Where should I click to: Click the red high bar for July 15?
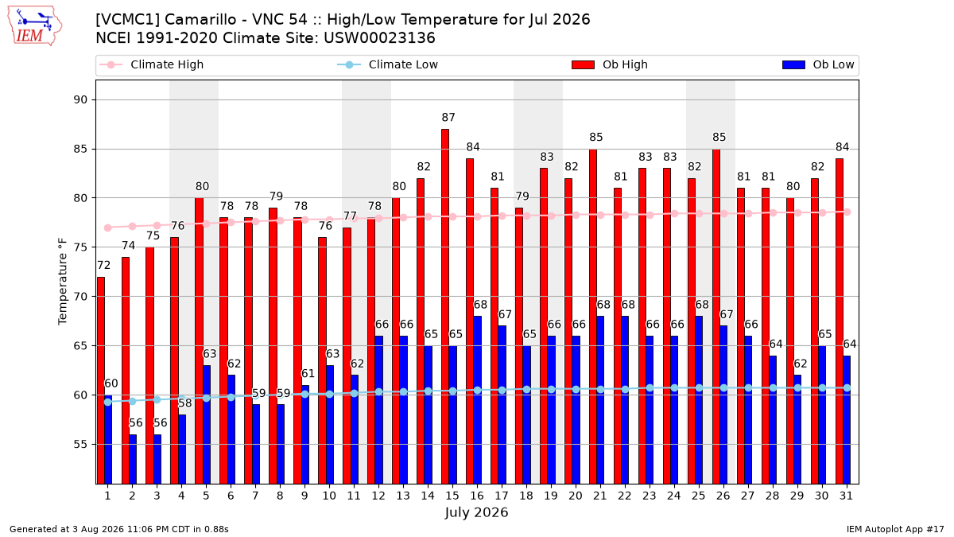(445, 306)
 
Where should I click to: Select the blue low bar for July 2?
(133, 460)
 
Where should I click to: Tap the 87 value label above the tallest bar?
(448, 117)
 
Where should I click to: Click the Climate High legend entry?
(152, 64)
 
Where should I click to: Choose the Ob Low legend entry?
(818, 64)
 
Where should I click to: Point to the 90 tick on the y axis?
(80, 99)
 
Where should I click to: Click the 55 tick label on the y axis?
(80, 445)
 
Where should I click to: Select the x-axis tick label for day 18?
(526, 496)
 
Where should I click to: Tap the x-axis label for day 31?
(846, 496)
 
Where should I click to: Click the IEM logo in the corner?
(34, 26)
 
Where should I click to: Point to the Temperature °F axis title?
(63, 282)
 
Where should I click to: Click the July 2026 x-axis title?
(476, 512)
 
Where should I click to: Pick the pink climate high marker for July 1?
(108, 228)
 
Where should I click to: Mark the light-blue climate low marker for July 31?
(847, 388)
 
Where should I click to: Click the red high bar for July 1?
(101, 380)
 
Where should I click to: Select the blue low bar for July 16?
(478, 400)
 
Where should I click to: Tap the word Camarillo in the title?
(200, 20)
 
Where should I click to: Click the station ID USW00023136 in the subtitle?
(379, 38)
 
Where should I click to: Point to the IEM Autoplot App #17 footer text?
(895, 529)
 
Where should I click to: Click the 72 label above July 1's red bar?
(104, 266)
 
